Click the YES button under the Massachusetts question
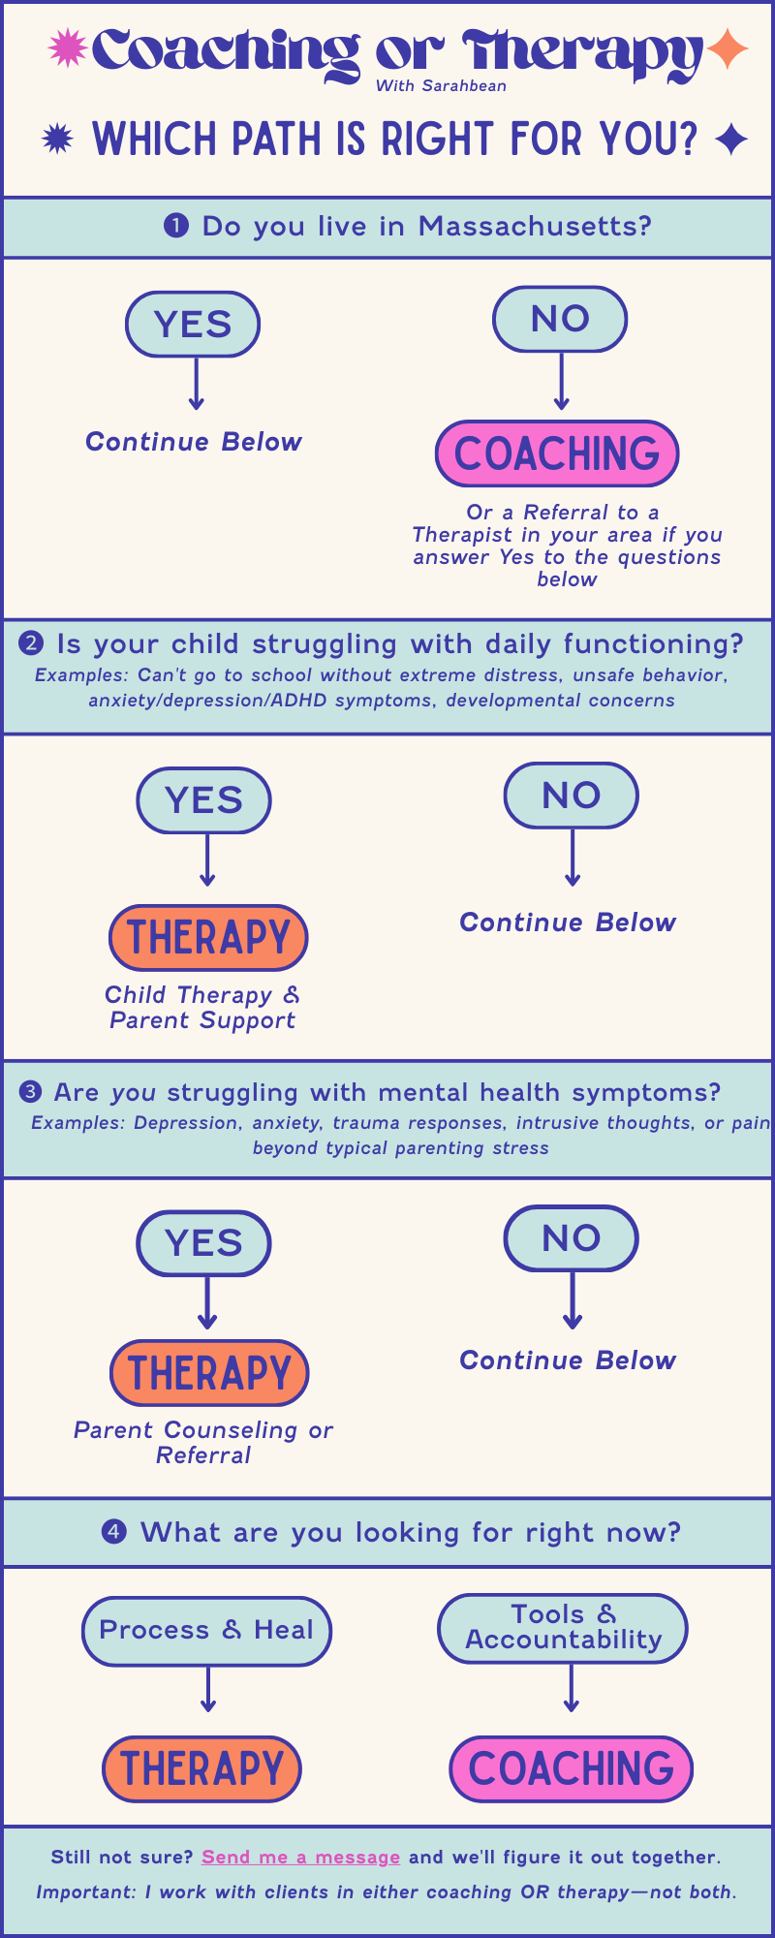coord(193,324)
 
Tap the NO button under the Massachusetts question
coord(560,319)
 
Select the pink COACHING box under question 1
coord(557,453)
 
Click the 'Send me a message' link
coord(300,1857)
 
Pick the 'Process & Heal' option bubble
coord(206,1631)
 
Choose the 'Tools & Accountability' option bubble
coord(563,1628)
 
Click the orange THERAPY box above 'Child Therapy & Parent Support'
coord(208,938)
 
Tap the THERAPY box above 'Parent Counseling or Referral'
coord(209,1373)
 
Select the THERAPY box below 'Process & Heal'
coord(201,1768)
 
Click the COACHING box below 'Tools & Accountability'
coord(571,1769)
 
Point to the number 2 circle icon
coord(31,644)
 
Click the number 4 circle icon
coord(114,1532)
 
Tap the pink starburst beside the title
coord(68,48)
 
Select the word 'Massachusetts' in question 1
coord(535,227)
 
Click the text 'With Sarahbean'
coord(441,86)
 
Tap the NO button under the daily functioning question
coord(572,796)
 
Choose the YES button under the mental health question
coord(203,1243)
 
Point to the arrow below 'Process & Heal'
coord(207,1690)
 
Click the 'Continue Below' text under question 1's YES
coord(194,442)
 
